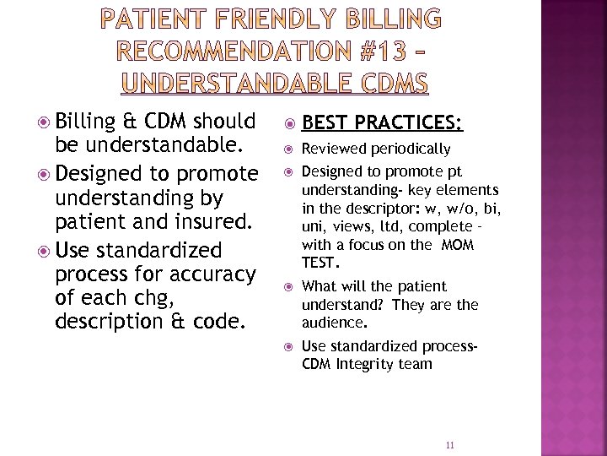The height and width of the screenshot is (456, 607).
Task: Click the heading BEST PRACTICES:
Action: (x=382, y=123)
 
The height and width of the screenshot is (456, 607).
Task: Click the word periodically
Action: (x=409, y=149)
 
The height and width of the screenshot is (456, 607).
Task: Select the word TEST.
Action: (x=319, y=263)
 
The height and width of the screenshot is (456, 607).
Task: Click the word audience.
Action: (x=332, y=323)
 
